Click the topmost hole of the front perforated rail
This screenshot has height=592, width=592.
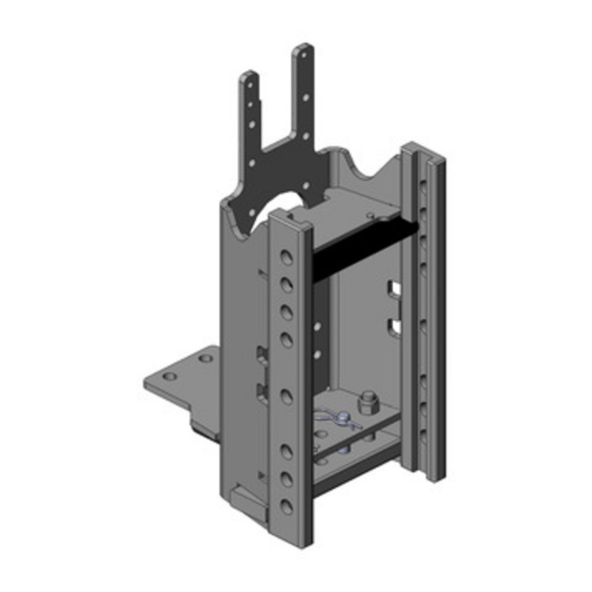click(x=286, y=258)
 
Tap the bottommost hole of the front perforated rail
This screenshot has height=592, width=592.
click(x=286, y=506)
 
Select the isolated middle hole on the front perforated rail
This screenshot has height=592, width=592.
click(x=286, y=392)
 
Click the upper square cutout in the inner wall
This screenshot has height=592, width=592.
click(x=393, y=288)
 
